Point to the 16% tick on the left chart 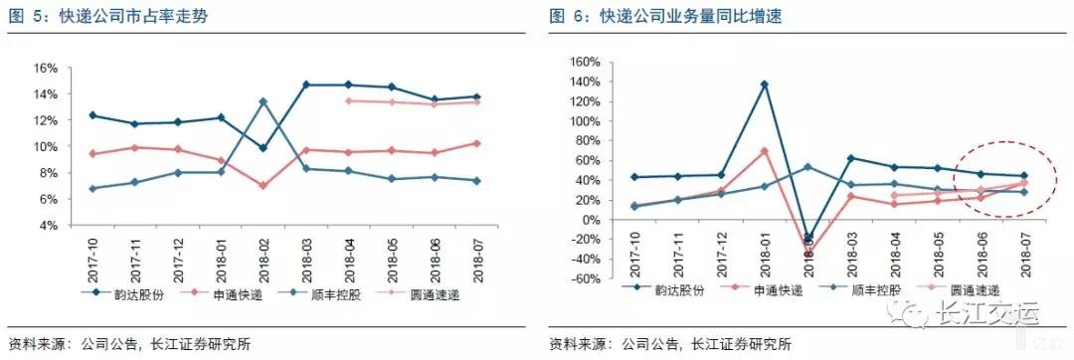(46, 69)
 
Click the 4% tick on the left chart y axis (49, 226)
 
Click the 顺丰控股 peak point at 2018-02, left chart (263, 101)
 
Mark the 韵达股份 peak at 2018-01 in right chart (764, 85)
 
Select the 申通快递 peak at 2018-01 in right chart (764, 150)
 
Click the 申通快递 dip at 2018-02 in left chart (263, 186)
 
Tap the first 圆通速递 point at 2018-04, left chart (348, 100)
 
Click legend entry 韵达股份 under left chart (123, 293)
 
